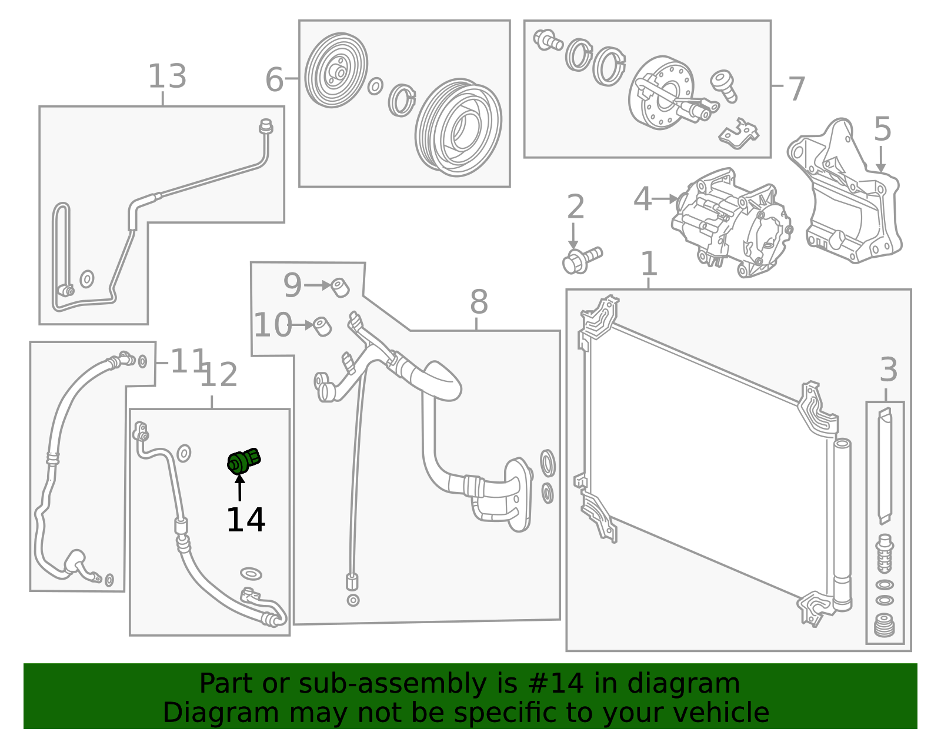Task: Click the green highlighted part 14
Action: pos(243,461)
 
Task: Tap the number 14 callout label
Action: pos(245,520)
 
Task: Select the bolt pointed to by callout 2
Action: pos(582,260)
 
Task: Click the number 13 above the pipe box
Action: pos(167,77)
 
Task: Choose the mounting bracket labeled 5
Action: pos(847,194)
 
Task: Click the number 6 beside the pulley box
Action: pos(274,79)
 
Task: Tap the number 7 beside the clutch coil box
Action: pos(796,89)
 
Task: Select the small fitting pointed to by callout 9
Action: pos(340,288)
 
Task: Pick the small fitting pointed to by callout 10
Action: pos(322,326)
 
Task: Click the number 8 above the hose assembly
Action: pos(479,302)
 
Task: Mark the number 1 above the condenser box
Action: pos(648,264)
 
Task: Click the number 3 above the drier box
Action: pos(888,370)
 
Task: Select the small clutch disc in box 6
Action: pos(336,71)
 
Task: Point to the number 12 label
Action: pos(219,375)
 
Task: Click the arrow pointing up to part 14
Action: pos(240,488)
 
